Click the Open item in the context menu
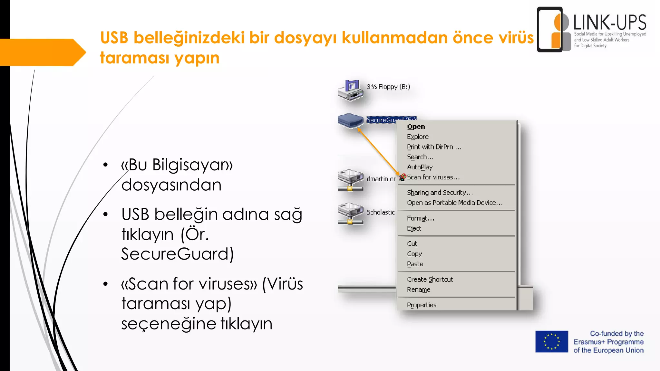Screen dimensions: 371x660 pos(416,127)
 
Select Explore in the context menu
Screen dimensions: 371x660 pos(418,137)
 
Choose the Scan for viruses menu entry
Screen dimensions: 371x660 pos(433,177)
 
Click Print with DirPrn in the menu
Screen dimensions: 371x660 pos(434,147)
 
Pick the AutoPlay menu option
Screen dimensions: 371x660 pos(420,167)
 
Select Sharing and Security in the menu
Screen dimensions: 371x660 pos(440,193)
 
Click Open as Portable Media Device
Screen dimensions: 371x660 pos(454,203)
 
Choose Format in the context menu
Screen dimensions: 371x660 pos(420,218)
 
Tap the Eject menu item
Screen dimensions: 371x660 pos(414,228)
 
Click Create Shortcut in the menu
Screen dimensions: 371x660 pos(430,280)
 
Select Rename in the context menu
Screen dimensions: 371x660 pos(419,290)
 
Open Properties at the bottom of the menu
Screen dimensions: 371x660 pos(422,305)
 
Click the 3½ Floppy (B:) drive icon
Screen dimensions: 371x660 pos(351,90)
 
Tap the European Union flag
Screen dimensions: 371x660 pos(552,342)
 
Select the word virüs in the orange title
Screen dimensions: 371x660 pos(516,38)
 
